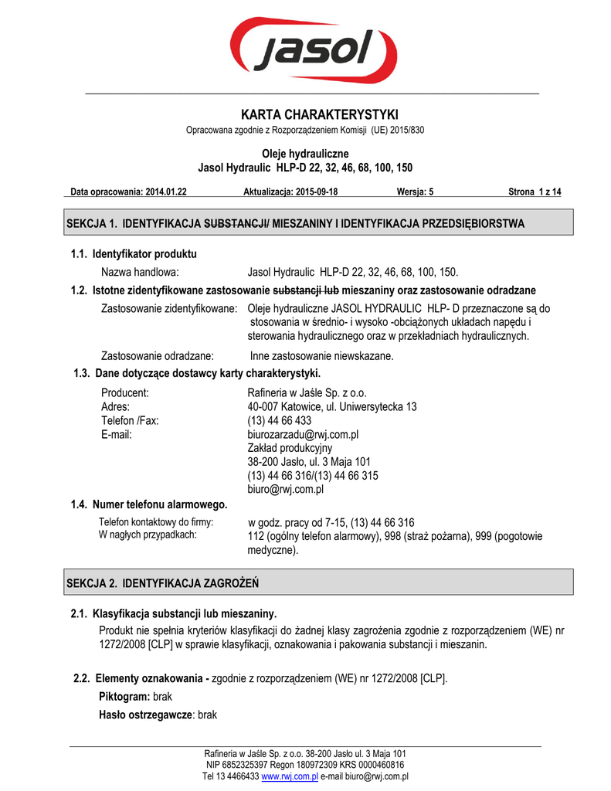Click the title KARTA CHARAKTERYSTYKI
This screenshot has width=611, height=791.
coord(305,114)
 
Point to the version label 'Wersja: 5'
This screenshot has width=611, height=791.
coord(416,192)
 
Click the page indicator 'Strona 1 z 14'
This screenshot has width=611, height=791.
coord(535,192)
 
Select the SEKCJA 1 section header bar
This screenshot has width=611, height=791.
coord(318,223)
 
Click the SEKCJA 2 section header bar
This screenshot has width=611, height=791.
coord(318,582)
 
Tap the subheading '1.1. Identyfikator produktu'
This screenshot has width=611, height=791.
coord(134,253)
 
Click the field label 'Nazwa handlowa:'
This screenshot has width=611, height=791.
coord(141,272)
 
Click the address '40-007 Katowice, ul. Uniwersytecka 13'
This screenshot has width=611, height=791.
coord(332,406)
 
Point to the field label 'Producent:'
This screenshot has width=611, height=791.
coord(125,392)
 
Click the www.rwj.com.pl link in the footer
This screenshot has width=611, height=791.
coord(290,776)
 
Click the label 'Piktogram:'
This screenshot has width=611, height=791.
coord(125,696)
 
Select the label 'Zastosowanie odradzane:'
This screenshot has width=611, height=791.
coord(158,356)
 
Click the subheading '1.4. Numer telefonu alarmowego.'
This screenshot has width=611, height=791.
coord(149,504)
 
